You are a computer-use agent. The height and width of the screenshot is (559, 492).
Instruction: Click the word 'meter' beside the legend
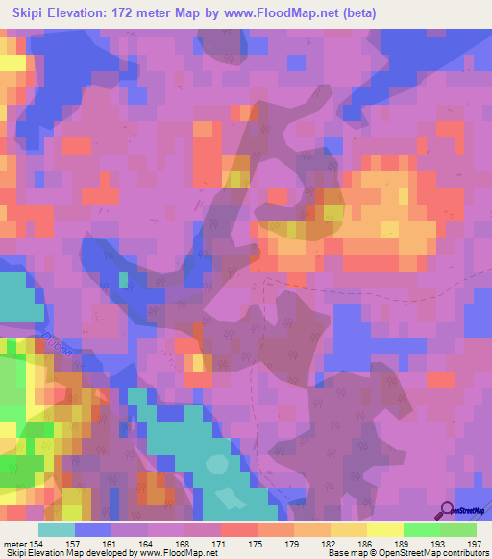(14, 543)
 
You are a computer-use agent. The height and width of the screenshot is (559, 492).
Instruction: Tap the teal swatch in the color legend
(57, 529)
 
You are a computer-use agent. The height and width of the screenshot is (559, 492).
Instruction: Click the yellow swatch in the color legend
(384, 529)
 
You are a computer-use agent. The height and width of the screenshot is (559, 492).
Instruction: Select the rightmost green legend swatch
(457, 529)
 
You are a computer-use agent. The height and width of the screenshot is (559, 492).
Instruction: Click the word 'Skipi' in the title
(29, 13)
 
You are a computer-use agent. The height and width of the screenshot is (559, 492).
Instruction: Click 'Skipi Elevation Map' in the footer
(47, 553)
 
